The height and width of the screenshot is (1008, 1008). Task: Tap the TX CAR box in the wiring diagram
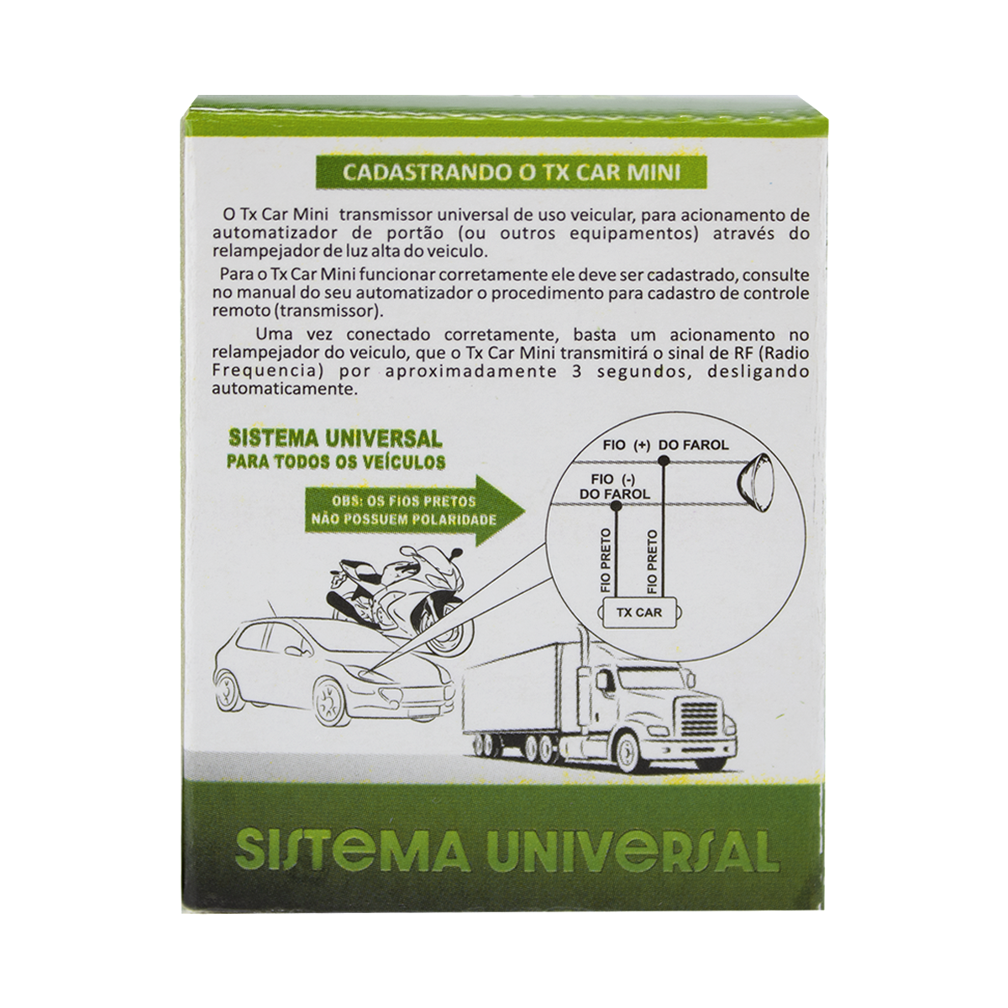[x=638, y=612]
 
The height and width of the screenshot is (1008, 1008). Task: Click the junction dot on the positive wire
[x=664, y=461]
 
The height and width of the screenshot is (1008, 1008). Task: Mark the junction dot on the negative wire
[x=617, y=506]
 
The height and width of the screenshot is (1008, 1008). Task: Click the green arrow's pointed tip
[x=527, y=510]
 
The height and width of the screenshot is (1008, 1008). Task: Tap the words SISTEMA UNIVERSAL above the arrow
[x=336, y=439]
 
